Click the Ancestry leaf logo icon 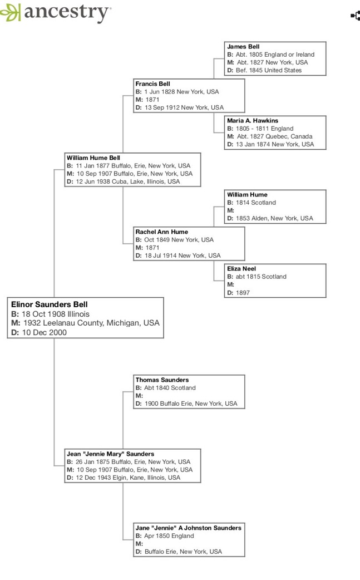(10, 12)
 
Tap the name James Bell (243, 47)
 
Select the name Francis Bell (152, 83)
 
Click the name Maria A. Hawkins (253, 121)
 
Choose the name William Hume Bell (93, 158)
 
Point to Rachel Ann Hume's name (161, 232)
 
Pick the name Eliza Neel (241, 268)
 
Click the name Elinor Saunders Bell (49, 304)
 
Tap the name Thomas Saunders (162, 380)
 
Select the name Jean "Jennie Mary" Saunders (110, 454)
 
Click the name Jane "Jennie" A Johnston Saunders (188, 528)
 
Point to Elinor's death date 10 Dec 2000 (45, 332)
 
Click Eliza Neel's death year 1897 (243, 293)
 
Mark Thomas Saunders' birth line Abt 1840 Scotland (170, 387)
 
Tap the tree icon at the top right (356, 16)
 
